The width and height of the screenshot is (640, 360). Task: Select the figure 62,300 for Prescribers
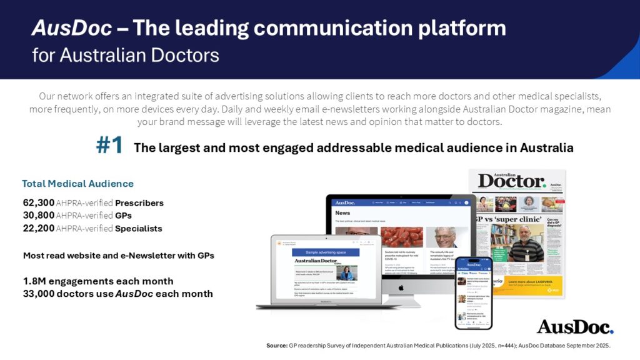click(x=39, y=202)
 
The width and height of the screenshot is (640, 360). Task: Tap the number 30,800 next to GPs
click(x=39, y=216)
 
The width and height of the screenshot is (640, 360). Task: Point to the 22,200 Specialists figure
click(x=39, y=229)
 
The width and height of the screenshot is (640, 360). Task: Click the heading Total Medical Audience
click(x=77, y=184)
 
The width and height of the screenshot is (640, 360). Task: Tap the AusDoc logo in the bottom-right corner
click(x=575, y=327)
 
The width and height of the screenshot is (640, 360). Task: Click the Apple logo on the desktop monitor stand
click(x=401, y=287)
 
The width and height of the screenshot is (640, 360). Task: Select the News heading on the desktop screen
click(x=342, y=212)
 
